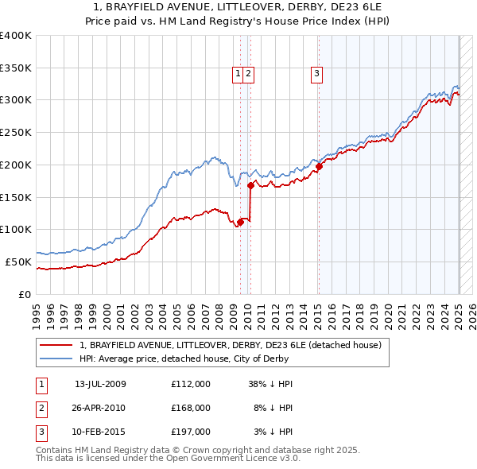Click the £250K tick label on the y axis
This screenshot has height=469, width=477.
click(x=16, y=132)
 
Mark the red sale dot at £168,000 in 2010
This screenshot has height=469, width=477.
click(x=250, y=185)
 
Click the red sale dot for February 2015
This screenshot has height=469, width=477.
click(x=318, y=166)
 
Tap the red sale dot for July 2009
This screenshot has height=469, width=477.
click(x=240, y=222)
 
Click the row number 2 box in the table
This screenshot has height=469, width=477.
click(x=41, y=407)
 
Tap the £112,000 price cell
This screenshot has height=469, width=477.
click(x=190, y=383)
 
